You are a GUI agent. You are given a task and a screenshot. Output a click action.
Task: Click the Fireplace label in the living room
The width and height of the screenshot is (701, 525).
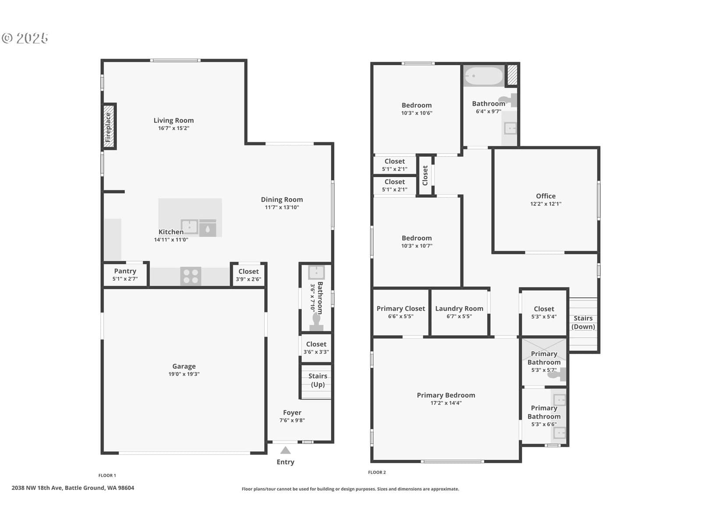[108, 127]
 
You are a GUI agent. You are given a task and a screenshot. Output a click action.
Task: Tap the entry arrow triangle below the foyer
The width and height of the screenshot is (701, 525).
[285, 450]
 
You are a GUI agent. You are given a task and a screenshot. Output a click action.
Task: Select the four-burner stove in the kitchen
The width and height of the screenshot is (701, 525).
[191, 276]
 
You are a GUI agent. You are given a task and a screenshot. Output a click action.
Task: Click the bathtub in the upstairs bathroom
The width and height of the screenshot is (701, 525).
[484, 76]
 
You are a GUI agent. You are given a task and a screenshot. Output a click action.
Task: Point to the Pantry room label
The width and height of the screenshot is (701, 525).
[125, 271]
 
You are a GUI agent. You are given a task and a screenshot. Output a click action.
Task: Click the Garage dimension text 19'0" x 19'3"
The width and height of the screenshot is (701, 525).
[184, 374]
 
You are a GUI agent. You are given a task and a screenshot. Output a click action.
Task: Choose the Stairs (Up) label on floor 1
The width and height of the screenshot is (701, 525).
[318, 380]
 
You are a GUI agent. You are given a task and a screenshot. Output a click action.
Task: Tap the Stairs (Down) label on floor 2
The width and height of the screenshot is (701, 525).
[583, 322]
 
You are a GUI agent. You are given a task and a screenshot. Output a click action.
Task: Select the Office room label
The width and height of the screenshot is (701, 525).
[546, 196]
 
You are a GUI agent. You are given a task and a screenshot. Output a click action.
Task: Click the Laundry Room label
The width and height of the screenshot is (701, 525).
[459, 308]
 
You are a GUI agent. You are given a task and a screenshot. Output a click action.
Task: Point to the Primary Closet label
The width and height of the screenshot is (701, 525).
[401, 308]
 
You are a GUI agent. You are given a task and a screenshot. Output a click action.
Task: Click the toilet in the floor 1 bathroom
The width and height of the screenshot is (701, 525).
[316, 322]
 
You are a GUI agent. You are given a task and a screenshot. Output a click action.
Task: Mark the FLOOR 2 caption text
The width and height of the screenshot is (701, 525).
[377, 472]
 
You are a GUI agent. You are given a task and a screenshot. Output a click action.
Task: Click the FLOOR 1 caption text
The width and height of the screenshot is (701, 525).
[107, 475]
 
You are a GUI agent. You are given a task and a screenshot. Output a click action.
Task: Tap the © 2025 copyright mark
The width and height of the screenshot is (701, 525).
[25, 38]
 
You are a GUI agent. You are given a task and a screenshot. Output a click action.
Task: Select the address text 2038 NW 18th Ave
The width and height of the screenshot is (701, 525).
[37, 488]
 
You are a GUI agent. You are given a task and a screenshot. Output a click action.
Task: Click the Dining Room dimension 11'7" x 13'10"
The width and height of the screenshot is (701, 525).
[282, 207]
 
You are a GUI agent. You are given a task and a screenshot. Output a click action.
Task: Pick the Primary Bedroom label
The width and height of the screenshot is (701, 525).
[446, 395]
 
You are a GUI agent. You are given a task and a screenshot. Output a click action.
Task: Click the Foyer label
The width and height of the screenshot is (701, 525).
[292, 413]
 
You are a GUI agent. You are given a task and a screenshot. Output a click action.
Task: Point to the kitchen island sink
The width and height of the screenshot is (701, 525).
[189, 227]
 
